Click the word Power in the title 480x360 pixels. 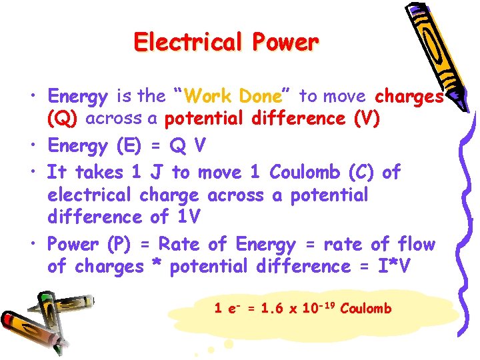tap(285, 43)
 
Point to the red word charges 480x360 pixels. tap(409, 97)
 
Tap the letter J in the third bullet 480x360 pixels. tap(157, 173)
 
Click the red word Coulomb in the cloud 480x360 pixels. tap(365, 309)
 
